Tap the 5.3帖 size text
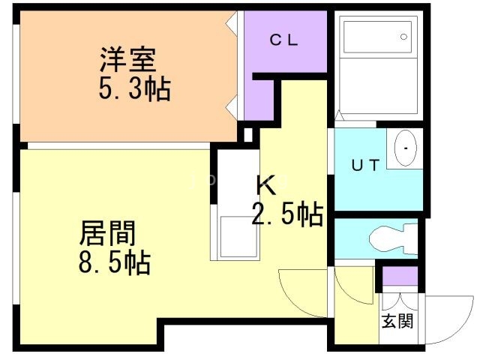pos(134,90)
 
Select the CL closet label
pos(284,42)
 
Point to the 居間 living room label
pos(108,233)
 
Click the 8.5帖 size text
pos(114,264)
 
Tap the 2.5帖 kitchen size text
pos(287,215)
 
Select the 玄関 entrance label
pos(398,322)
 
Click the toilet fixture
pos(394,238)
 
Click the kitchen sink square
pos(234,237)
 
